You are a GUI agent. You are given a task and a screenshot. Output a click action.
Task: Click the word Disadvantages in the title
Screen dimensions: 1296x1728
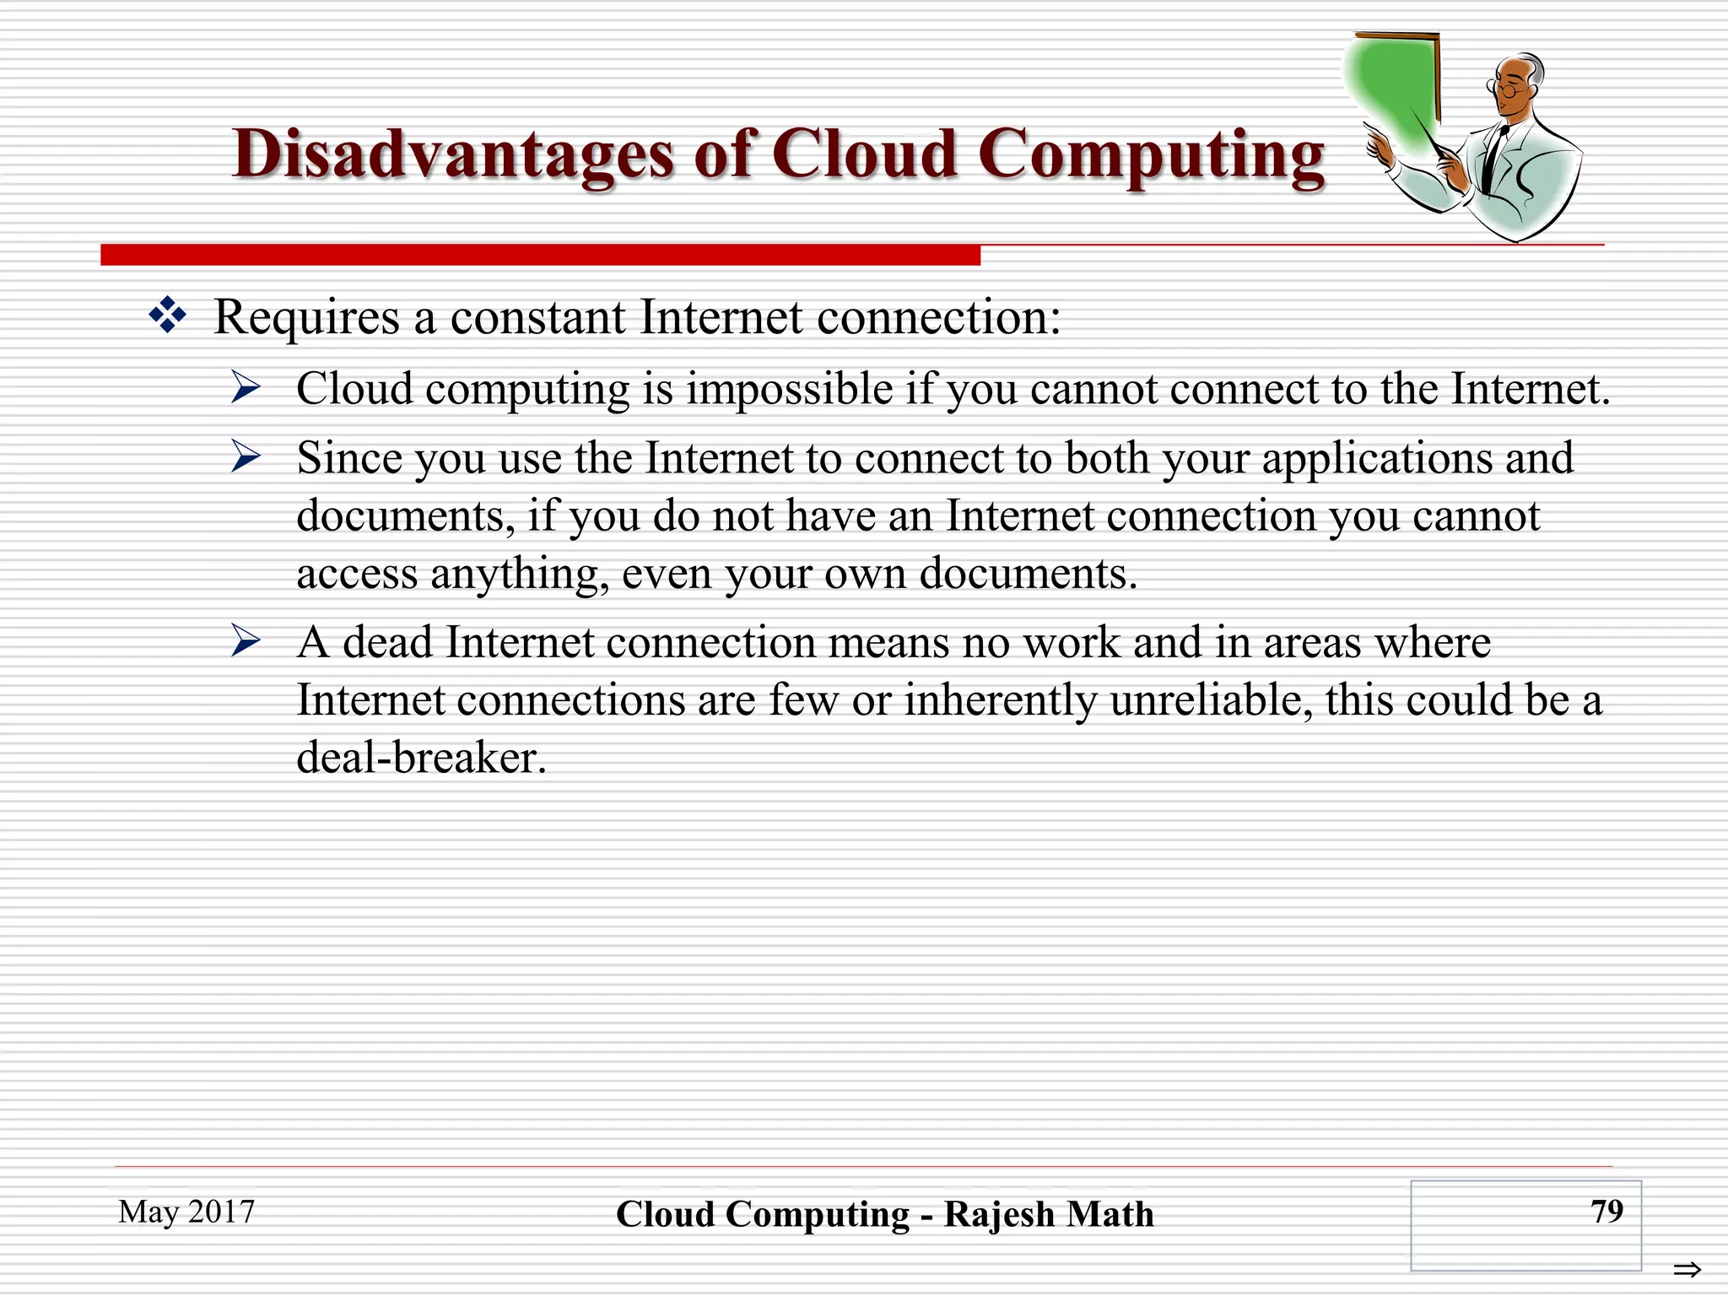(452, 154)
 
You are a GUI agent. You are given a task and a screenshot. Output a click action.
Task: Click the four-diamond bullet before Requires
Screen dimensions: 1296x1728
(167, 316)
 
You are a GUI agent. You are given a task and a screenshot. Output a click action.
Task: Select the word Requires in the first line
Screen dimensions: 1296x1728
(306, 317)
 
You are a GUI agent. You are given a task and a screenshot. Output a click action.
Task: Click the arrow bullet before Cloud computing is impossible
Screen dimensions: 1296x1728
(246, 387)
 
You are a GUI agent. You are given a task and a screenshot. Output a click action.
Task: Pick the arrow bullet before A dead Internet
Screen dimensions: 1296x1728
(246, 641)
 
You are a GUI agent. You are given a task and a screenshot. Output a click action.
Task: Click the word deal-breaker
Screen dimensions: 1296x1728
(421, 757)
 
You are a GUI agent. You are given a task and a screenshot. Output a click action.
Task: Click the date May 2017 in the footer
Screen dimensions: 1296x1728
(186, 1212)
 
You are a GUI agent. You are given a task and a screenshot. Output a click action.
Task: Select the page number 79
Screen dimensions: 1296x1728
(1606, 1211)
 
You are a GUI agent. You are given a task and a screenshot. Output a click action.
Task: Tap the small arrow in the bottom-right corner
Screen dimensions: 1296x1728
(1687, 1269)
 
